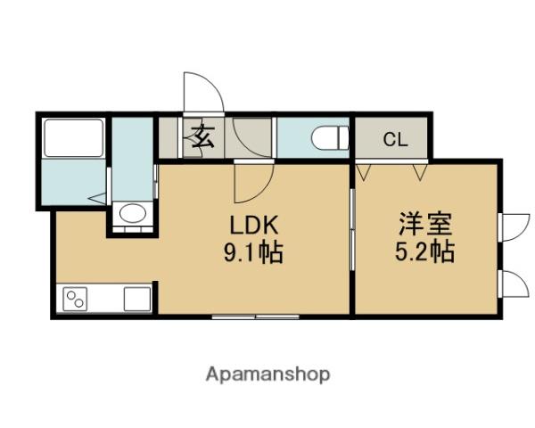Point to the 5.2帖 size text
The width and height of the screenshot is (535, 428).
tap(425, 251)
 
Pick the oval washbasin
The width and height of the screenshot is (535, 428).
tap(132, 214)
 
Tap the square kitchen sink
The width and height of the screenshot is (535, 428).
tap(137, 298)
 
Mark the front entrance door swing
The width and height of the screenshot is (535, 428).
tap(200, 94)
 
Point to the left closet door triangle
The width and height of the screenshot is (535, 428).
tap(364, 169)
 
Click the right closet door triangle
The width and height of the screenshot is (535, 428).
tap(419, 169)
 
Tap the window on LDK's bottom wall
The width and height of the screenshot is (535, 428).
tap(256, 317)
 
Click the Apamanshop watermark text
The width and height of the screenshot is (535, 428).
tap(268, 374)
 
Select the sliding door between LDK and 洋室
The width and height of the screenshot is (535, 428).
tap(353, 241)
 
